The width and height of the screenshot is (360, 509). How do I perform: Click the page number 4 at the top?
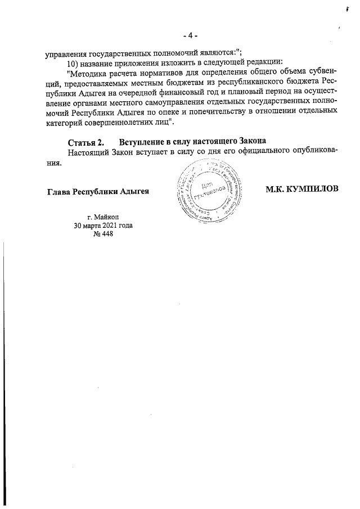tap(191, 36)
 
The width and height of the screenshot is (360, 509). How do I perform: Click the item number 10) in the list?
tap(74, 62)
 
